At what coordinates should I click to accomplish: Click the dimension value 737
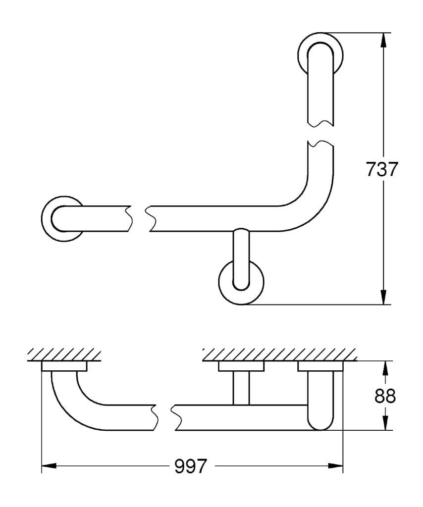tap(381, 169)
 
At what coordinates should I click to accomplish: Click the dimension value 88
tap(385, 396)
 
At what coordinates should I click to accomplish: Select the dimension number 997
tap(190, 465)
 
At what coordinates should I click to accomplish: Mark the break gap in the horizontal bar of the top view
tap(139, 218)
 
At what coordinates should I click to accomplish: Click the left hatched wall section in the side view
tap(64, 354)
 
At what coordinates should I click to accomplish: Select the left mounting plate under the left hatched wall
tap(64, 366)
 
